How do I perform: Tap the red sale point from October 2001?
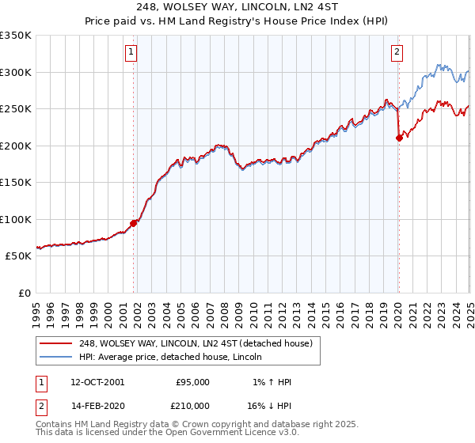pos(133,223)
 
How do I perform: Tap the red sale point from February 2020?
pos(399,138)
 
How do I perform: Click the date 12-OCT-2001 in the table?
pos(97,382)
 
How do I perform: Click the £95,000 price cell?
pos(192,382)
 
